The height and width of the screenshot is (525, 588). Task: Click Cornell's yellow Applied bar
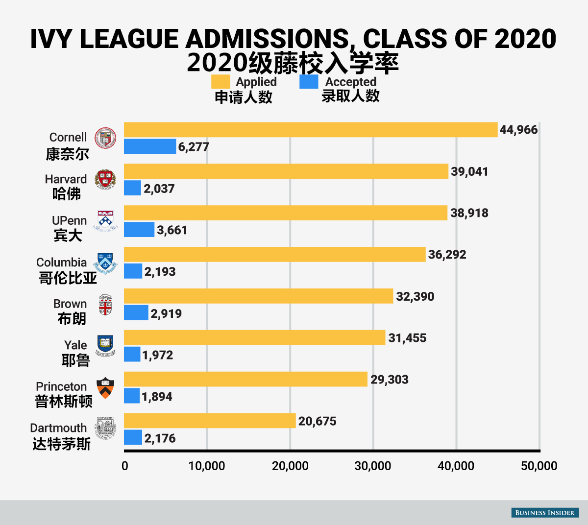[x=310, y=130]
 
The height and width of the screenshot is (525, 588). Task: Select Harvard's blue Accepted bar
[x=132, y=188]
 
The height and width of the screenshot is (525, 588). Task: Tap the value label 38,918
[x=469, y=213]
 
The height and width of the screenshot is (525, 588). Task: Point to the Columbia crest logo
[x=105, y=263]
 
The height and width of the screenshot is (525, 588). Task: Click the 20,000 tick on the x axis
[x=290, y=466]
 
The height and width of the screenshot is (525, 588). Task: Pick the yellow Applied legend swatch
[x=220, y=82]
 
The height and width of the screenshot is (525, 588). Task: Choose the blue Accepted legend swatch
[x=309, y=82]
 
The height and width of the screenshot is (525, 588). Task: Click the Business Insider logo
[x=545, y=512]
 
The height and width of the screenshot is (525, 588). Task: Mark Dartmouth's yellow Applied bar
[x=210, y=421]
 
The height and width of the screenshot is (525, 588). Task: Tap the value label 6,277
[x=194, y=147]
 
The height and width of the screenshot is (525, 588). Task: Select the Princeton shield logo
[x=105, y=388]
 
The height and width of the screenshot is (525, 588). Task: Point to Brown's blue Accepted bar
[x=136, y=313]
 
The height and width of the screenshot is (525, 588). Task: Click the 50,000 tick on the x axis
[x=539, y=466]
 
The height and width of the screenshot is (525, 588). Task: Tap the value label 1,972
[x=158, y=355]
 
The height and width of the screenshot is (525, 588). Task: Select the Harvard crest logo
[x=105, y=180]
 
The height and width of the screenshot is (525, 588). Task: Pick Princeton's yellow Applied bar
[x=245, y=379]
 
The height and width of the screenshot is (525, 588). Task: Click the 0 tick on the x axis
[x=125, y=466]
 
